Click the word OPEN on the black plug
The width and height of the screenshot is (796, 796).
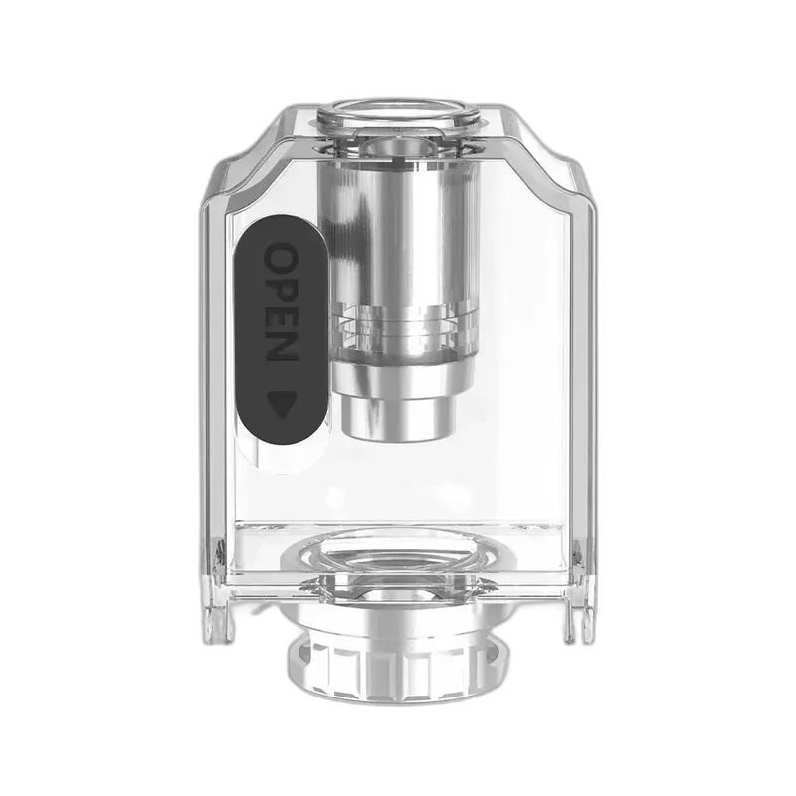(282, 302)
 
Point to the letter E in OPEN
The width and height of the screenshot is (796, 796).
(282, 316)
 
